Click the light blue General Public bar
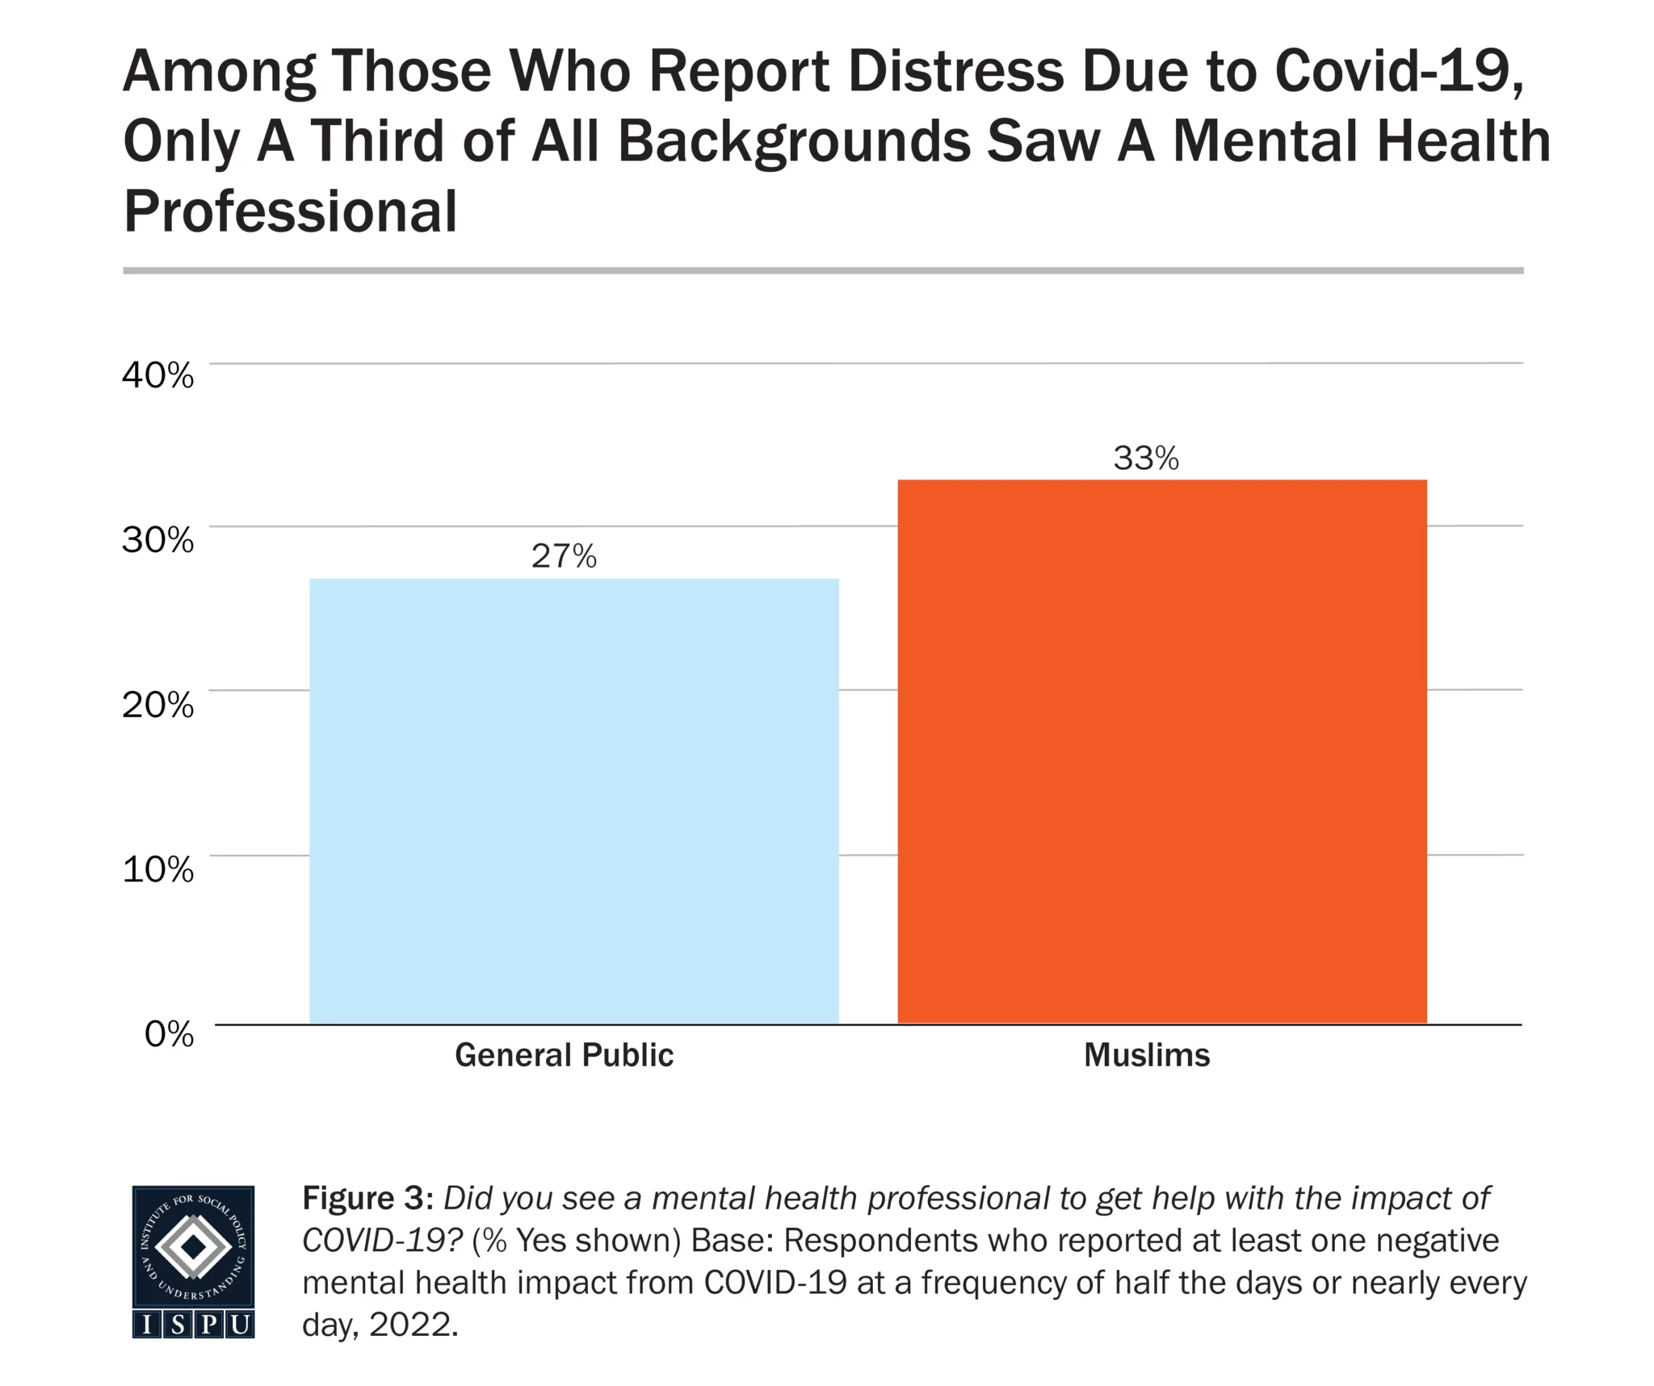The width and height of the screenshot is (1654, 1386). tap(574, 801)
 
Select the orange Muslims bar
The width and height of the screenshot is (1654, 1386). tap(1162, 752)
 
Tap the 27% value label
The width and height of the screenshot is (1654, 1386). tap(564, 556)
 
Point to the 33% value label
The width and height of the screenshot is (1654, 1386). tap(1146, 459)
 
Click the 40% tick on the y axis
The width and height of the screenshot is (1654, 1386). tap(158, 375)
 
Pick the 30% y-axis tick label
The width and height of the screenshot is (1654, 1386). tap(158, 540)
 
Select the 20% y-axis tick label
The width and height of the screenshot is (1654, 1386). tap(158, 705)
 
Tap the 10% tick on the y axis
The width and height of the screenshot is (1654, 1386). tap(158, 869)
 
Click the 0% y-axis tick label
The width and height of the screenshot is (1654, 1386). tap(170, 1033)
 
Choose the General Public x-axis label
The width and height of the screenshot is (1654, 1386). tap(564, 1055)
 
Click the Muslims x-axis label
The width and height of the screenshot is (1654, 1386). tap(1147, 1055)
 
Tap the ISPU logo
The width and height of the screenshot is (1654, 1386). tap(193, 1262)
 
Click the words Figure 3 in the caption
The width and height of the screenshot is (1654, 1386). tap(363, 1199)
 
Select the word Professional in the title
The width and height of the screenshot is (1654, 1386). tap(291, 211)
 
